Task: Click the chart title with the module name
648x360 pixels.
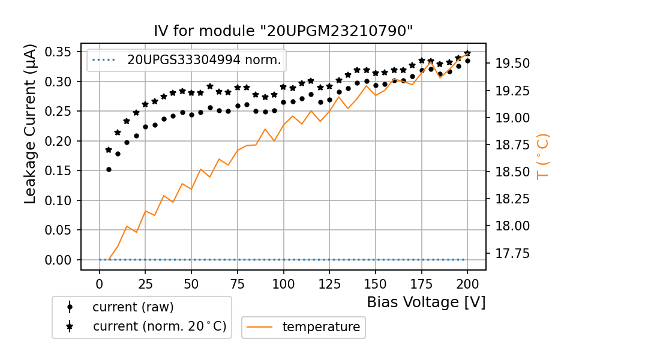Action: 283,31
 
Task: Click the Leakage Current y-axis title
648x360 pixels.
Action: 31,124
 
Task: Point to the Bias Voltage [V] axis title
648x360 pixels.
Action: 426,302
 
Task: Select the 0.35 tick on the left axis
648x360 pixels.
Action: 59,52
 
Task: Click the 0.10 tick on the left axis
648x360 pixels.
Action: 59,200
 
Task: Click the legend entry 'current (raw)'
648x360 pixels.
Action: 133,307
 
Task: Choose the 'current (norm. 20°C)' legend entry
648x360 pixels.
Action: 159,327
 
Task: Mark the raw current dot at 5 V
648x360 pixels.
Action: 109,169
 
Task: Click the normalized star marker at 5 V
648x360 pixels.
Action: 109,150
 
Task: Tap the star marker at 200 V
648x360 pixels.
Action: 467,53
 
